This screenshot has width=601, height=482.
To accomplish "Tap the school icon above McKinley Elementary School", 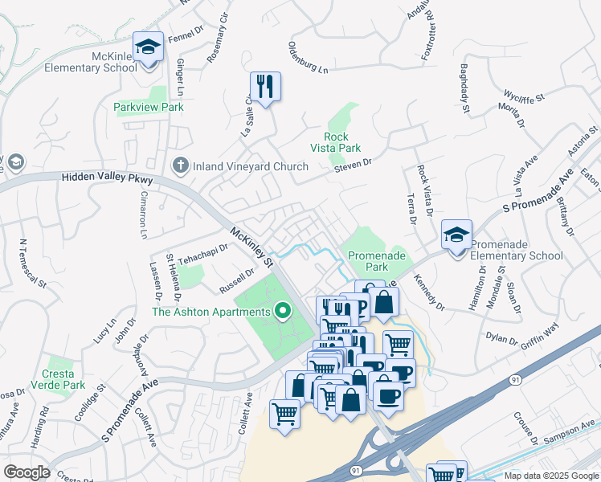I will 148,47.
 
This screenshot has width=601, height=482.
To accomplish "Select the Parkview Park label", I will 149,107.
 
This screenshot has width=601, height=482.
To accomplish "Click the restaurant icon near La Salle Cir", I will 265,84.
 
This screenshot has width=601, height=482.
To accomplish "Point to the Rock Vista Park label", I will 336,142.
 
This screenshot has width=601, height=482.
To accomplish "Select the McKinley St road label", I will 252,247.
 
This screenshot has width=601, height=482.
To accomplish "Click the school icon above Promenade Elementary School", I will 456,235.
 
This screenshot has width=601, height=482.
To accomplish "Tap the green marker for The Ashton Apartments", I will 282,310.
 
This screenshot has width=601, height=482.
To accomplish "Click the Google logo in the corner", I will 27,472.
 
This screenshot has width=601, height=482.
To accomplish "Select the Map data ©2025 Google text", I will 550,476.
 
